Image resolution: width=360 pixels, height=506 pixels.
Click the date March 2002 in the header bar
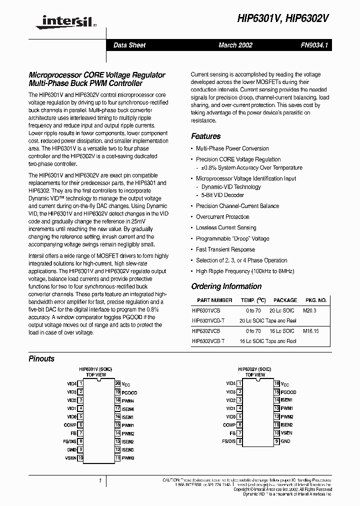[235, 45]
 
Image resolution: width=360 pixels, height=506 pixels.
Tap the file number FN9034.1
[313, 45]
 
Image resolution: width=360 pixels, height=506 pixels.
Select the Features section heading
[205, 136]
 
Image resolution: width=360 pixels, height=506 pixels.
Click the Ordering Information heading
[226, 286]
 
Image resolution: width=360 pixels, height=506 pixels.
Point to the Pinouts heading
[41, 358]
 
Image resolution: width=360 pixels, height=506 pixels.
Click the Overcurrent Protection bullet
[222, 217]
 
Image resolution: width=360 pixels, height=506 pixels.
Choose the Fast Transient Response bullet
[225, 249]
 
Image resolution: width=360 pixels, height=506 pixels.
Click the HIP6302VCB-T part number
[208, 341]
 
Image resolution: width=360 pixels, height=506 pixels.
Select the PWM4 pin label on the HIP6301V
[128, 400]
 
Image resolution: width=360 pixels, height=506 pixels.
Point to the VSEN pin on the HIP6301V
[71, 457]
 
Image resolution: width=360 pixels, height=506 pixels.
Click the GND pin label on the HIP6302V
[285, 441]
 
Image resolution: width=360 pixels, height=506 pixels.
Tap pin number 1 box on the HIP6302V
[240, 384]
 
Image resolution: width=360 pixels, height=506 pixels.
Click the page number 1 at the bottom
[100, 480]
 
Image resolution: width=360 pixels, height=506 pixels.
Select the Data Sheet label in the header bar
[129, 45]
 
